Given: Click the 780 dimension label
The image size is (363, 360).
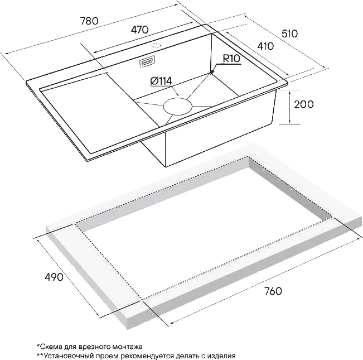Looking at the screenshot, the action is tap(89, 21).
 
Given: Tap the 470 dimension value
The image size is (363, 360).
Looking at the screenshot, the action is tap(139, 30).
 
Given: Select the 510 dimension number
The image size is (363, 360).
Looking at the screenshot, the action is tap(289, 34).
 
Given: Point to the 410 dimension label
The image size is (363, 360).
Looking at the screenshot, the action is tap(265, 46).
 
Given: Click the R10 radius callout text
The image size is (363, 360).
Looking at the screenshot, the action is tap(231, 59).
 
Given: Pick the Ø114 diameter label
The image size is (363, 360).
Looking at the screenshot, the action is tap(161, 81).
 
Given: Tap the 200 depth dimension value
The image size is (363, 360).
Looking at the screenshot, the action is tap(304, 104).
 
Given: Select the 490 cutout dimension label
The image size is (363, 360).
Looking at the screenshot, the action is tap(54, 277).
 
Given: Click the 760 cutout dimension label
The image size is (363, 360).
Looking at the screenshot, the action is tap(273, 291).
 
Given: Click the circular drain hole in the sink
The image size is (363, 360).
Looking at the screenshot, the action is tap(178, 107).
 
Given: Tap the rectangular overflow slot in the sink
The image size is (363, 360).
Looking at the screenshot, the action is tap(147, 62).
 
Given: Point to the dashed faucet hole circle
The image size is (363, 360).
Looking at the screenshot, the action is tap(156, 45).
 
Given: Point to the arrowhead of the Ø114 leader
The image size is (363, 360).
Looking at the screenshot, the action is tap(177, 94).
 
